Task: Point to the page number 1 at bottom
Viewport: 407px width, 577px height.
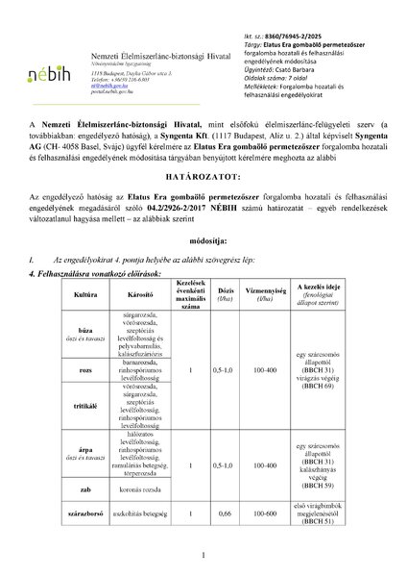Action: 203,556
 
